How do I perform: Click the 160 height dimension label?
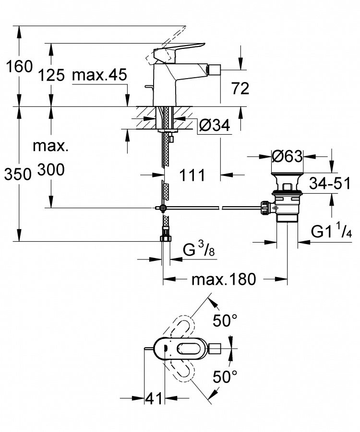point(19,67)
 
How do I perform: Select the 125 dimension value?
point(51,75)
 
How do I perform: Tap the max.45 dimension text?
point(99,75)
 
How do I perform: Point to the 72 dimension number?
point(240,88)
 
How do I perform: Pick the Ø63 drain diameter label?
point(287,156)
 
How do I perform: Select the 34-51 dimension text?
point(330,183)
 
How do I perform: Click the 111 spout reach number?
point(192,175)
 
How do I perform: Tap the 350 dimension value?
point(18,174)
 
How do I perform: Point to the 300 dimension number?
point(51,170)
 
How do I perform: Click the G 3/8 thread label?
point(199,250)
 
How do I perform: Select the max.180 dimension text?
point(224,280)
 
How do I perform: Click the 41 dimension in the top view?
point(154,398)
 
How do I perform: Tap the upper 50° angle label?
point(225,320)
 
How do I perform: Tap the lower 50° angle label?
point(225,377)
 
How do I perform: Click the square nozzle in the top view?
point(215,349)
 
